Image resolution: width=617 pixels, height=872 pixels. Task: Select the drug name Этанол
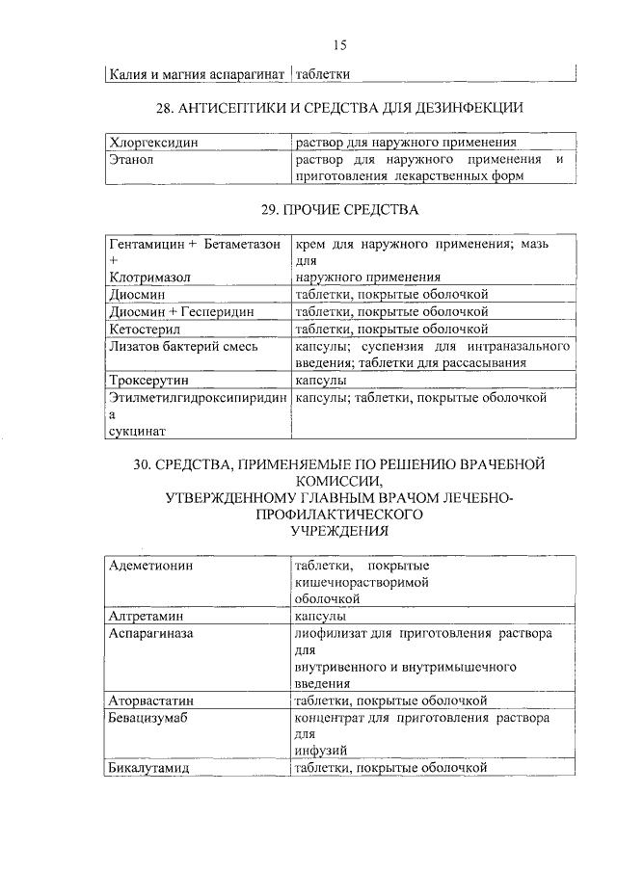(x=132, y=159)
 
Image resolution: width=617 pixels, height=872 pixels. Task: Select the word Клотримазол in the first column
(x=149, y=277)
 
